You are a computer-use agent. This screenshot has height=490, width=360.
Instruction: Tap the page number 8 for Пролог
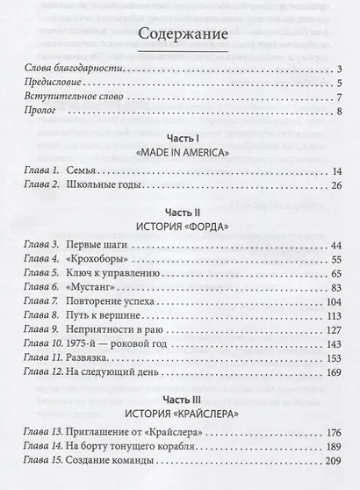pos(338,112)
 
